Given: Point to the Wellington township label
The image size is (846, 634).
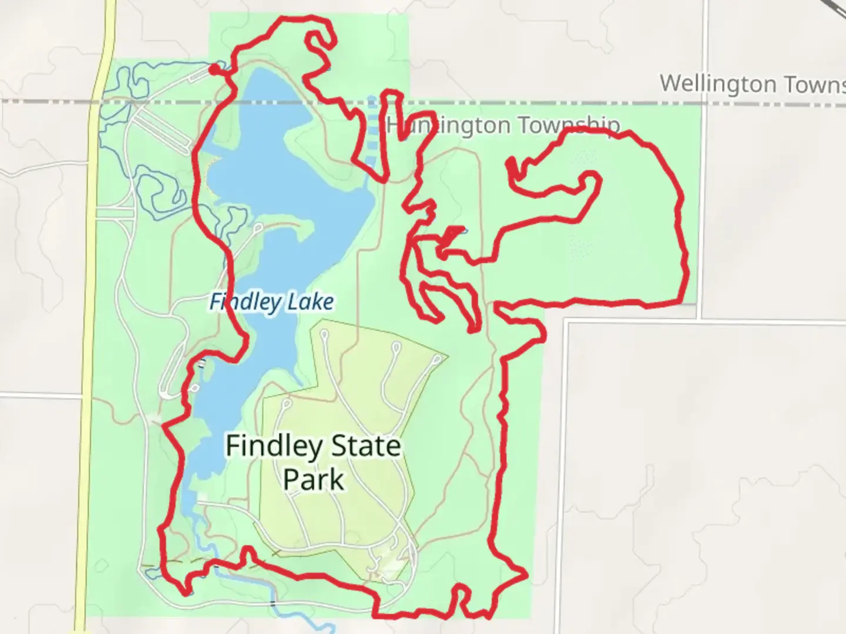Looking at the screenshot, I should click(752, 83).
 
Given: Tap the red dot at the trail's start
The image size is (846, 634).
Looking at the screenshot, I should click(214, 70).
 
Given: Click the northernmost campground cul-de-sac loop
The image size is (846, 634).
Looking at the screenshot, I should click(323, 334).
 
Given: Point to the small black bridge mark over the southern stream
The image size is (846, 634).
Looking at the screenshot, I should click(273, 602).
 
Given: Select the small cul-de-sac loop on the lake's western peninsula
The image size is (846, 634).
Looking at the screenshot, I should click(258, 228).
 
